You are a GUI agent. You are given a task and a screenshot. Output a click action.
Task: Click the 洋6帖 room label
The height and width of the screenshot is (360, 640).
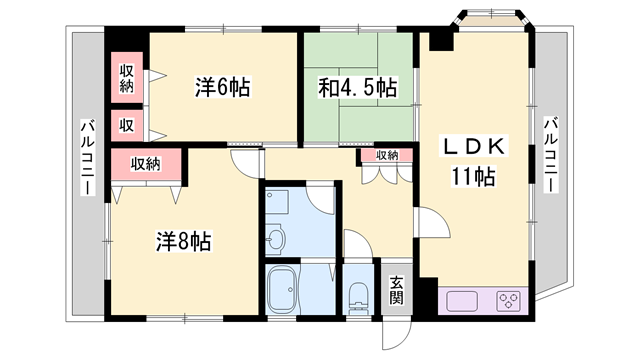click(221, 88)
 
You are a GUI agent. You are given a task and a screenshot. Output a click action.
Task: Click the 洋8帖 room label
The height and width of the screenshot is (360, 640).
click(183, 241)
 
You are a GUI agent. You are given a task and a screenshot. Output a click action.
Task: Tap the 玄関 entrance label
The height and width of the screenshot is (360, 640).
click(396, 290)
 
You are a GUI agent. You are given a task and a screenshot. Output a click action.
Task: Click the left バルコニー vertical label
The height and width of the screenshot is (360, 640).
click(87, 160)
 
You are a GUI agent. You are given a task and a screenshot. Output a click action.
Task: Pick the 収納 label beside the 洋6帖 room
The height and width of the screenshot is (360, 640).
click(127, 78)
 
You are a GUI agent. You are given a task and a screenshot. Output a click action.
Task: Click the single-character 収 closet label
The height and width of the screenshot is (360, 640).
click(127, 125)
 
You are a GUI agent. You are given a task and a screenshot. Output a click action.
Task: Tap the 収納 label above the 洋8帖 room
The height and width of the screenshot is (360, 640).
click(146, 163)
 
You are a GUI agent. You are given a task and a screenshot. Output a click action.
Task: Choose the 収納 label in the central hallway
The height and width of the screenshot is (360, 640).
click(387, 155)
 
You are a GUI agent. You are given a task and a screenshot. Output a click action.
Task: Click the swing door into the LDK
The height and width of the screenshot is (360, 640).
click(424, 222)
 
